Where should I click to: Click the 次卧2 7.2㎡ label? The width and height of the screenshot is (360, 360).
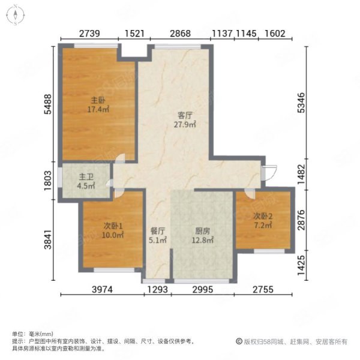pos(263,221)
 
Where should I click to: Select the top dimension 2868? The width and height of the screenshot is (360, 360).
pos(180,34)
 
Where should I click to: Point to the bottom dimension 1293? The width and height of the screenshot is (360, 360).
pos(159,291)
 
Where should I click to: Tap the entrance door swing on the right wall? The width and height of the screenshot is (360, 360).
pos(270,172)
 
